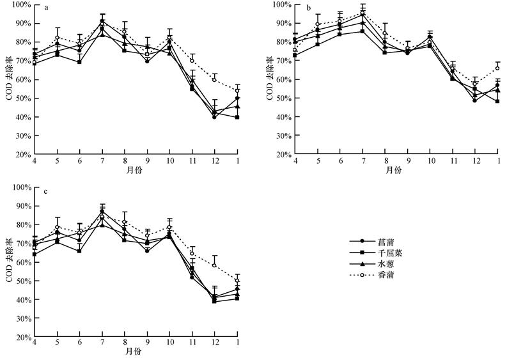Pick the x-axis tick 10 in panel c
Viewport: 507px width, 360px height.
click(x=170, y=345)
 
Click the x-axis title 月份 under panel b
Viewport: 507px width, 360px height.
click(x=395, y=170)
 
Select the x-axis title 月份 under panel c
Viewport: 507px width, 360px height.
click(x=134, y=352)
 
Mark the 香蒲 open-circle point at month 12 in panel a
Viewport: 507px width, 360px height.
click(x=214, y=79)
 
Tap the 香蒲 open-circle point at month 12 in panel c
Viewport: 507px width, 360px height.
click(x=214, y=265)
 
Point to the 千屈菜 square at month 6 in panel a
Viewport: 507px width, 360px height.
click(x=79, y=62)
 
